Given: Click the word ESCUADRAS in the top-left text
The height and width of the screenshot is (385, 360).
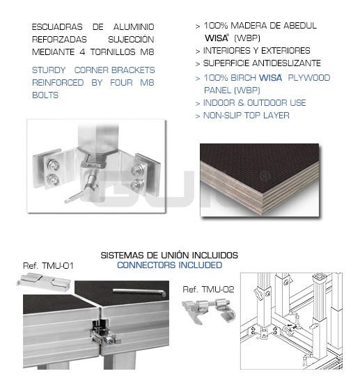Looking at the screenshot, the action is (x=57, y=26).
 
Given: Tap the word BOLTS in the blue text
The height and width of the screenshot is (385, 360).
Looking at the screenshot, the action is (x=45, y=95).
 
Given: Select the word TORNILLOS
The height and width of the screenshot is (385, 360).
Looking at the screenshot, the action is (x=113, y=52).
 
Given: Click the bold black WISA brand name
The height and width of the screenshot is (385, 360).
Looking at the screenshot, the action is (x=217, y=38).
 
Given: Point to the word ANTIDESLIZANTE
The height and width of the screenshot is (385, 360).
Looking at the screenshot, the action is (x=287, y=63).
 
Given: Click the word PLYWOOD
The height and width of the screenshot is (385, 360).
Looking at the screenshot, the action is (x=309, y=77).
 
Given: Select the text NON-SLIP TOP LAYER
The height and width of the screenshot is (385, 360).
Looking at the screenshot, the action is (x=246, y=115).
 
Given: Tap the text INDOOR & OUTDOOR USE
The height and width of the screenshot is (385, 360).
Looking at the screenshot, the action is (x=254, y=102).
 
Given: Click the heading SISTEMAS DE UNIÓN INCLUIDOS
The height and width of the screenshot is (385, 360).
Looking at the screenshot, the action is (x=169, y=255).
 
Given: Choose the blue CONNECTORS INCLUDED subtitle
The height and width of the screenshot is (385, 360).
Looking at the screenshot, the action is (x=170, y=265).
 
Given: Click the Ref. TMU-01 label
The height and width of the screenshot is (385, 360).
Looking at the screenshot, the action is (x=48, y=266).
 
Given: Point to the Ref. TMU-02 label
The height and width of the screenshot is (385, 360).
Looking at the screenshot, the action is (x=208, y=289).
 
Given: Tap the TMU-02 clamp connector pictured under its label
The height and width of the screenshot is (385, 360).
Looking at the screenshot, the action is (x=209, y=310).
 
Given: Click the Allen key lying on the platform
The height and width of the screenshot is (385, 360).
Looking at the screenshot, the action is (x=140, y=292).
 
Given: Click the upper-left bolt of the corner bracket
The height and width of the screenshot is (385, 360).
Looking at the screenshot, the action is (x=53, y=165).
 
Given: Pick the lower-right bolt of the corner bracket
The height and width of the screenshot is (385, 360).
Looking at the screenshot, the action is (x=136, y=185).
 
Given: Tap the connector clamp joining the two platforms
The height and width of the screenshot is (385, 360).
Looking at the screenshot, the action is (x=104, y=332).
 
